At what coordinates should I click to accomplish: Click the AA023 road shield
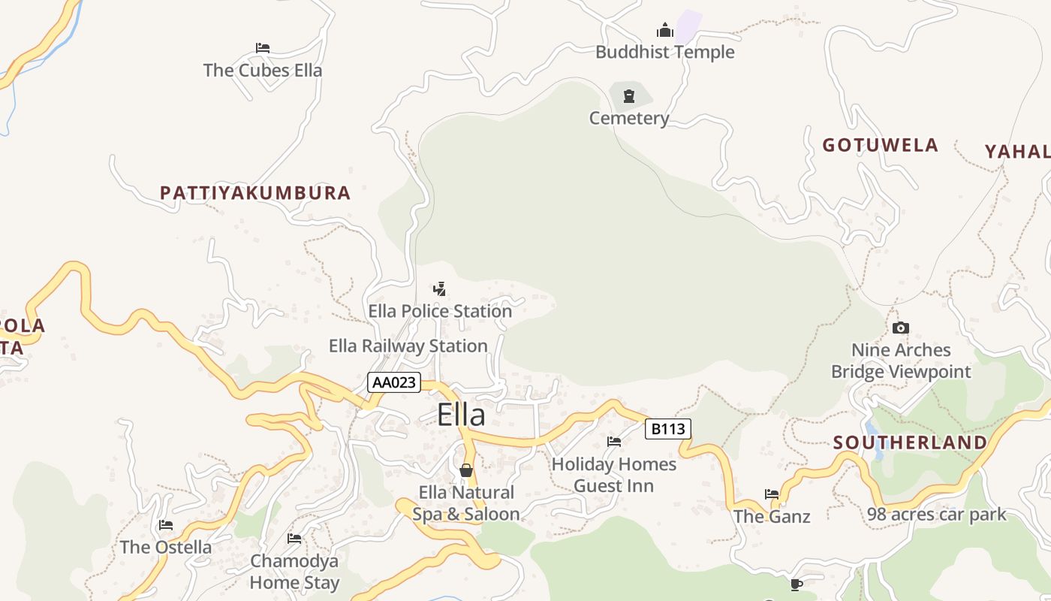393,382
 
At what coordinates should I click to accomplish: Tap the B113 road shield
667,429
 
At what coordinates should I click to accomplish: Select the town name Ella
461,415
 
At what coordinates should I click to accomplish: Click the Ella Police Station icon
440,288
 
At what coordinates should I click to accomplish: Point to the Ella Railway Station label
408,346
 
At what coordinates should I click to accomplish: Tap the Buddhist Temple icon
665,31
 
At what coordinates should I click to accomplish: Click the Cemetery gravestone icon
629,96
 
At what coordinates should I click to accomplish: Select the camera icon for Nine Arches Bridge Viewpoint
901,328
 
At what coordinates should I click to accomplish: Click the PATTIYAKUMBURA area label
255,193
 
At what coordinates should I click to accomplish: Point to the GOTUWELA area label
881,145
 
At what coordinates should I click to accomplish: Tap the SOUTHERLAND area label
911,442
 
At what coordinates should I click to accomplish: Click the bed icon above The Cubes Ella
262,48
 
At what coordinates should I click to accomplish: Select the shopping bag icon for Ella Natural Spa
466,470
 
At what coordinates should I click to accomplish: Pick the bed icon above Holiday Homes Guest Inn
614,442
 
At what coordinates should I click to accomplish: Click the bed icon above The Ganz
772,494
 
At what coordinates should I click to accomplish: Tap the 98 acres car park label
936,515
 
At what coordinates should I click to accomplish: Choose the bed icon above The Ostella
166,525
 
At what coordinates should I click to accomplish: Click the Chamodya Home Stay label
294,572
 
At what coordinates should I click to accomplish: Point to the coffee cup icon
797,584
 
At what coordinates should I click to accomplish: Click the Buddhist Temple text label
665,52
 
